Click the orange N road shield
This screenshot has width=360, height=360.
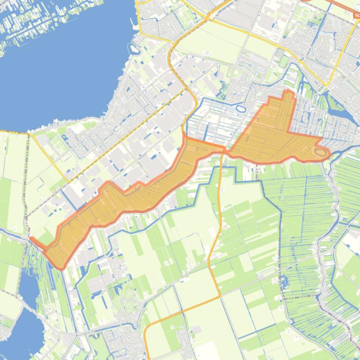[x=357, y=15]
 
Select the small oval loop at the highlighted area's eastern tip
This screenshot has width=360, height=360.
[x=321, y=152]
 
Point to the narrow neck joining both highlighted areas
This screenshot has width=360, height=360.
[x=224, y=150]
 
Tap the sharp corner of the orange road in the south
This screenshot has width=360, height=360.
[x=220, y=296]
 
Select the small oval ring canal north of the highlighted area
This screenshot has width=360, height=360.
[x=241, y=109]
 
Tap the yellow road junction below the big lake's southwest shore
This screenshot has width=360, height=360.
[x=29, y=134]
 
